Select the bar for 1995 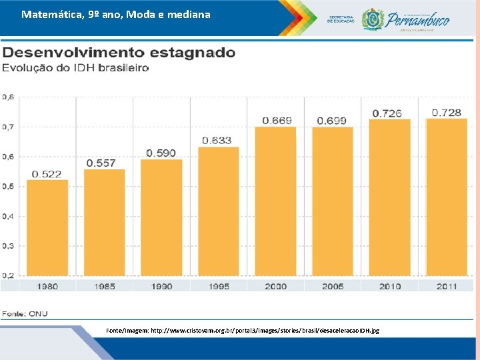(218, 211)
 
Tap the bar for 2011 (447, 197)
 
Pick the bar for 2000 (275, 201)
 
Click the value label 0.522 (47, 174)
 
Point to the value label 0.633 (217, 140)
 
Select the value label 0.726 (387, 113)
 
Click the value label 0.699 (331, 121)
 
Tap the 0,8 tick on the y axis (8, 97)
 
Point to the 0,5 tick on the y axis (8, 186)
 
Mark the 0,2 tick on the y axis (8, 275)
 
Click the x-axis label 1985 (104, 286)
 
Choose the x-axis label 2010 (389, 286)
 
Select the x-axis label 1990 (161, 286)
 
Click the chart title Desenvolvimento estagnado (119, 53)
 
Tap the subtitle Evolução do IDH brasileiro (75, 68)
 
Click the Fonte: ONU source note (25, 313)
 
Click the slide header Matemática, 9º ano (115, 14)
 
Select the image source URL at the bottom (243, 331)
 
